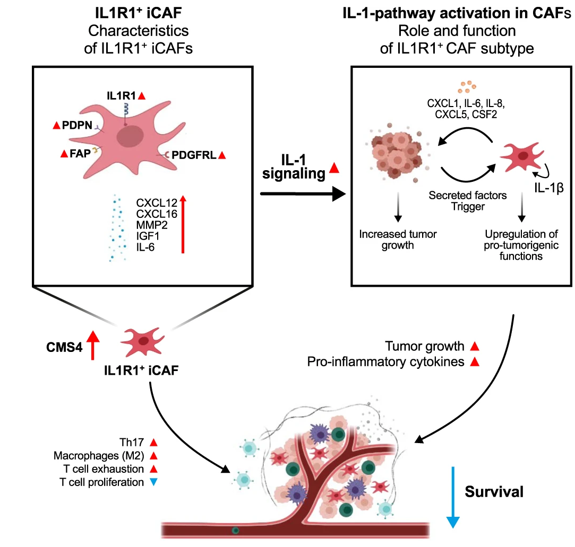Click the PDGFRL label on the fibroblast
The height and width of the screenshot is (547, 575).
tap(194, 155)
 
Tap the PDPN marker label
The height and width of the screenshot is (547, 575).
tap(77, 126)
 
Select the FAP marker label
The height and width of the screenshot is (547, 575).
tap(80, 154)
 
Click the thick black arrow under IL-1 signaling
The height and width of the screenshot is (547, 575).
tap(302, 195)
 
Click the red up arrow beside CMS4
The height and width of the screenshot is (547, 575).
tap(93, 345)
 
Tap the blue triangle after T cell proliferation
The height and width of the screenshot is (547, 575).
tap(154, 483)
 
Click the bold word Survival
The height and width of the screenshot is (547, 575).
tap(494, 491)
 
